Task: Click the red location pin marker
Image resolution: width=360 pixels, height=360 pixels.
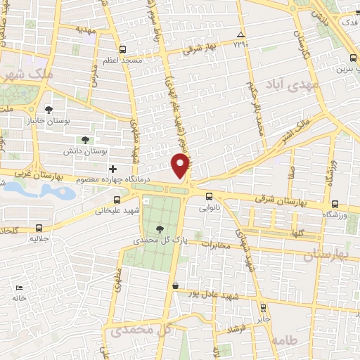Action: pos(181,167)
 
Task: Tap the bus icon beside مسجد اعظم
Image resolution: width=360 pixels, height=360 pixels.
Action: pos(124,49)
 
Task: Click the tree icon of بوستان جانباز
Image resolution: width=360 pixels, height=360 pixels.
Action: pos(49,109)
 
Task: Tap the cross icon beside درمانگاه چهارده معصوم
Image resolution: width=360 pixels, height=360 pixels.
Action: pos(113,169)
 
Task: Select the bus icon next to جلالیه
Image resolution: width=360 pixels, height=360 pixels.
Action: pos(38,228)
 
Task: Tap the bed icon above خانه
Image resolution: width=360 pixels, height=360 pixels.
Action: pos(20,288)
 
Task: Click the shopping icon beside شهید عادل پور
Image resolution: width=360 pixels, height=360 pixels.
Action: pos(174,285)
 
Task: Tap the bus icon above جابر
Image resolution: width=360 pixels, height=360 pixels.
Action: pos(263,308)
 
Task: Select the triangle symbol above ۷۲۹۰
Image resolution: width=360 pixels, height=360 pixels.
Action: pos(240,34)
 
